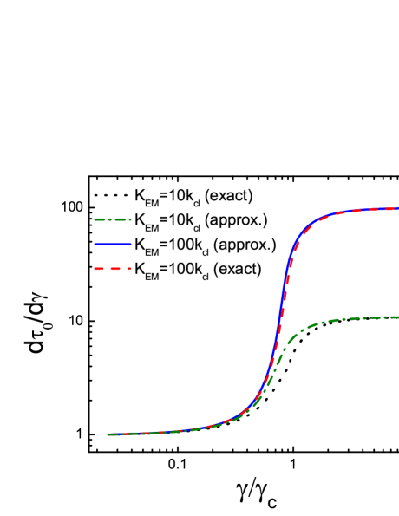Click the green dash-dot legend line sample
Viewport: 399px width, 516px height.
point(113,219)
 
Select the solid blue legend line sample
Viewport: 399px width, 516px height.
point(113,245)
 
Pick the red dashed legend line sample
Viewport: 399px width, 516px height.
point(113,269)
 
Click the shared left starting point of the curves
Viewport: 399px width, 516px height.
point(108,434)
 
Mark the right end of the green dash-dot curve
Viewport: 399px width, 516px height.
point(397,317)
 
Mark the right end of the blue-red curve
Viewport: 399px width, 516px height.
point(397,208)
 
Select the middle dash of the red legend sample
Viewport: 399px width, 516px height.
point(113,269)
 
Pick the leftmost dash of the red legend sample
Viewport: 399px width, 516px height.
point(97,269)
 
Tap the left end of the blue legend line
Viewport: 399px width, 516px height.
point(95,245)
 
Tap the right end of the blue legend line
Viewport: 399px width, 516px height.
point(131,245)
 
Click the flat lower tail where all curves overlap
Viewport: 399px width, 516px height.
point(156,432)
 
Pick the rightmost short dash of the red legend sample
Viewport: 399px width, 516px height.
point(128,269)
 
